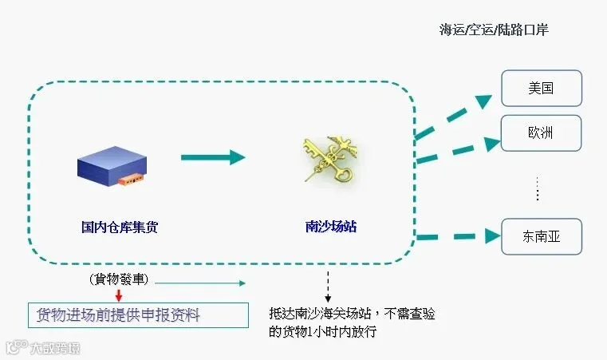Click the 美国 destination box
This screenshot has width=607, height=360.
click(542, 88)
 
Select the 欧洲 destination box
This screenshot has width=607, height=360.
click(542, 133)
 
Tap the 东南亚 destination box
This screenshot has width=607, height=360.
click(542, 236)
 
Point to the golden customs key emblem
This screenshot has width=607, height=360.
click(329, 159)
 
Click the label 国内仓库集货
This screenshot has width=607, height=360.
click(120, 227)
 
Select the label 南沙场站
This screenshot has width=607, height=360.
click(331, 227)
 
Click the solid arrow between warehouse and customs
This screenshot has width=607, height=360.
click(212, 156)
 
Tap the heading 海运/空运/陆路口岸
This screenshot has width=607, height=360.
click(495, 30)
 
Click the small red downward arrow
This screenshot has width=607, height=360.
click(118, 295)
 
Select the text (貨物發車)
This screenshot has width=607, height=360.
click(120, 280)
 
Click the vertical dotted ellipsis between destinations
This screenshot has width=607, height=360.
click(538, 189)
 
